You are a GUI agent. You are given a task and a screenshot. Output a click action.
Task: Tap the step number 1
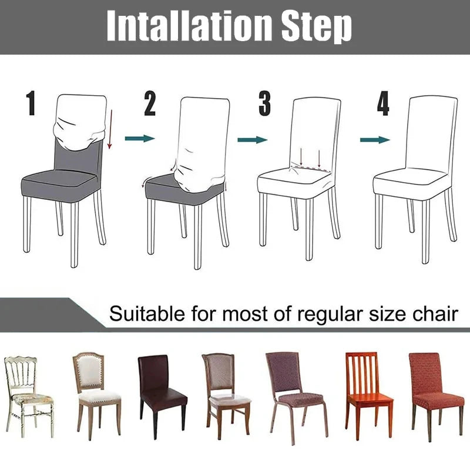click(31, 103)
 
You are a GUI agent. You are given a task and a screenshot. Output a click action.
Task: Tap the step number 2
click(150, 103)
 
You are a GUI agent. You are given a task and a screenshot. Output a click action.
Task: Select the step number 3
click(265, 103)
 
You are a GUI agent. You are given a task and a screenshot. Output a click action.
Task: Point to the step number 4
click(383, 103)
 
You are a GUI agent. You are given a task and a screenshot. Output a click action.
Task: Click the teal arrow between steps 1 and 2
click(140, 138)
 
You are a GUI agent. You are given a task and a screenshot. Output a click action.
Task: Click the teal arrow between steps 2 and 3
click(252, 139)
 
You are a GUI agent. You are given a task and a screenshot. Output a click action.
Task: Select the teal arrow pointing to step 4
click(375, 139)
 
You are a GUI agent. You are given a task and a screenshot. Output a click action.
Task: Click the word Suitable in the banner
click(145, 314)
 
